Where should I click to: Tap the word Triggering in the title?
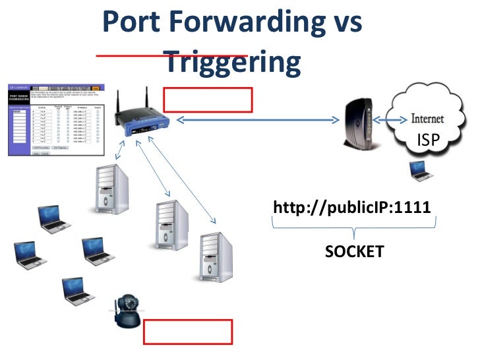pos(231,63)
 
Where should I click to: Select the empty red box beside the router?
pos(208,100)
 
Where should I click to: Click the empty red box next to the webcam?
pos(188,332)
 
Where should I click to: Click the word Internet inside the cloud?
pos(427,119)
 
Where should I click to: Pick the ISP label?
pos(429,139)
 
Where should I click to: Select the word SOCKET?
pos(354,251)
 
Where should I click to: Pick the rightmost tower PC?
pos(217,257)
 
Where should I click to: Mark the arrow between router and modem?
pos(257,120)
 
